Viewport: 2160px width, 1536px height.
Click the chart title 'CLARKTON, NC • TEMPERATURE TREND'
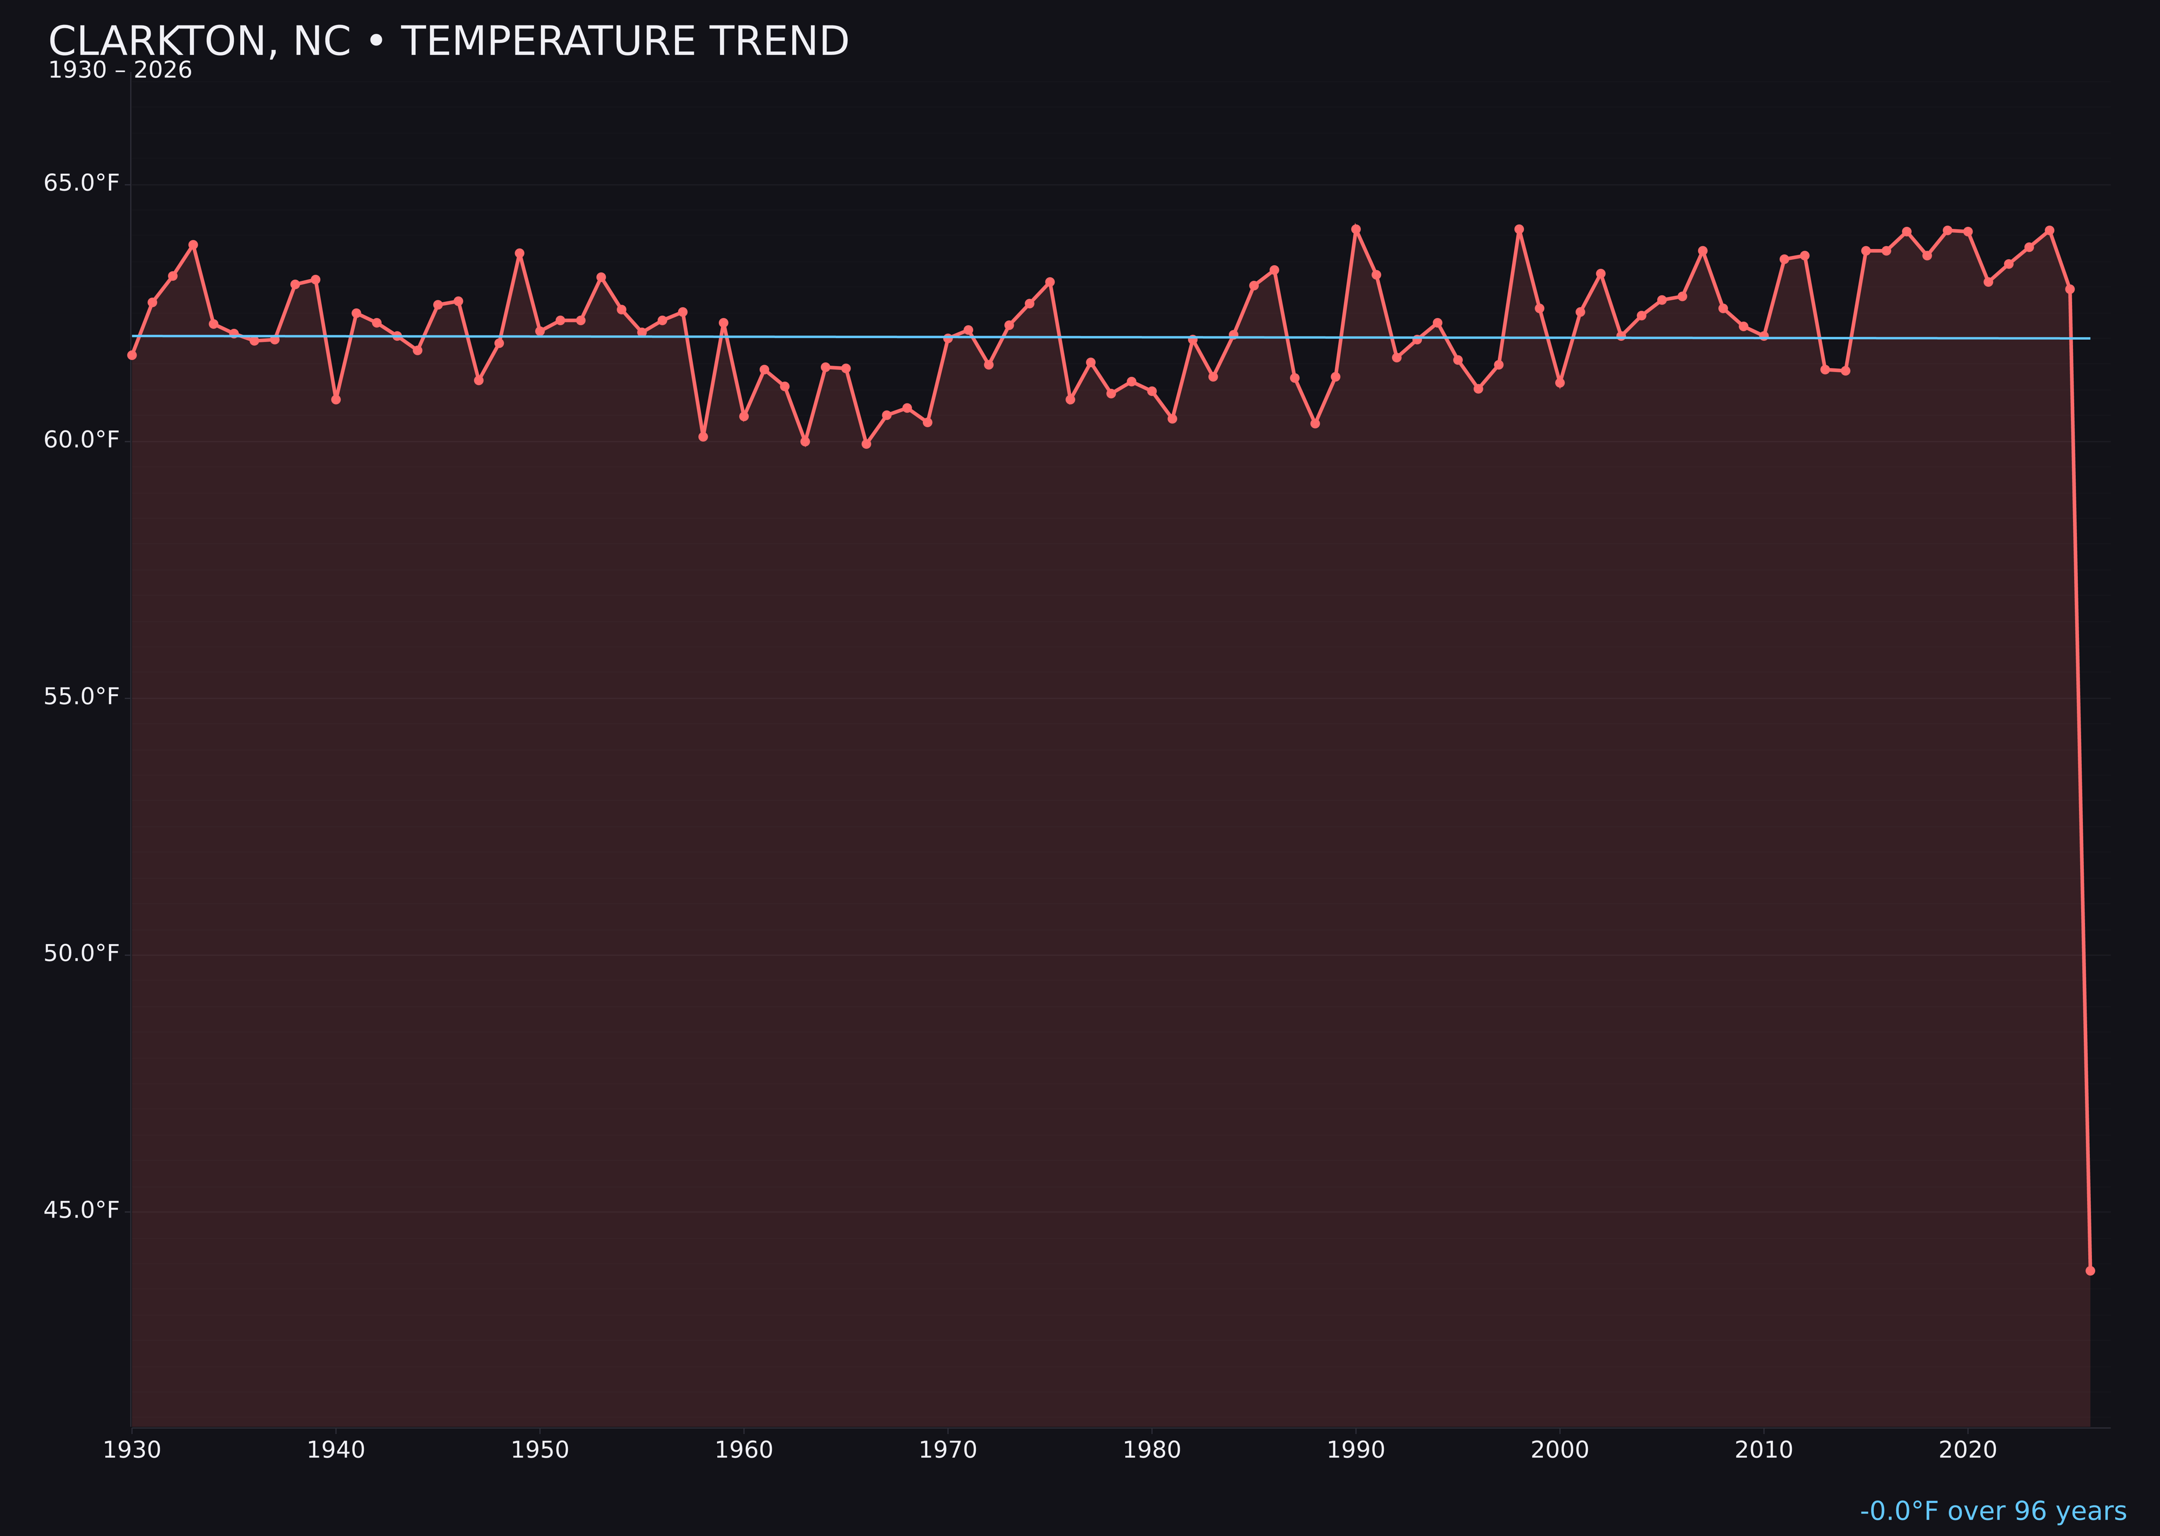(448, 42)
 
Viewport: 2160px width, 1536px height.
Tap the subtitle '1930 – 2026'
(120, 71)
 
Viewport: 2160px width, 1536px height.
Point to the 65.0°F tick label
(82, 183)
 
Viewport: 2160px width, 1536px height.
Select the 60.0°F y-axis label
(82, 440)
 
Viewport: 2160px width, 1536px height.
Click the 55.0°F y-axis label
(82, 697)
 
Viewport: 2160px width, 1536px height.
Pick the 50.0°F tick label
(82, 953)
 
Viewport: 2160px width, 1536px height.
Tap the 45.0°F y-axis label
(82, 1211)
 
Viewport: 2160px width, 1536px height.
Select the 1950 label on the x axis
(540, 1450)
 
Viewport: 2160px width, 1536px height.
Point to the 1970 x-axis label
(948, 1450)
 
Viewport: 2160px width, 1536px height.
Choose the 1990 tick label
(1356, 1450)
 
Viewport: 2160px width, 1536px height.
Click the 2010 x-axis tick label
(1764, 1450)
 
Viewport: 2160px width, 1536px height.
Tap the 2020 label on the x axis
(1968, 1450)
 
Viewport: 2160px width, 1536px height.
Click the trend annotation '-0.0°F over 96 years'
(1993, 1511)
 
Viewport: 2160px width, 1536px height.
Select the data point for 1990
(1356, 229)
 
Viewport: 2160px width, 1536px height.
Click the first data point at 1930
(132, 355)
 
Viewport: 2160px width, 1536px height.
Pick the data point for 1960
(744, 416)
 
